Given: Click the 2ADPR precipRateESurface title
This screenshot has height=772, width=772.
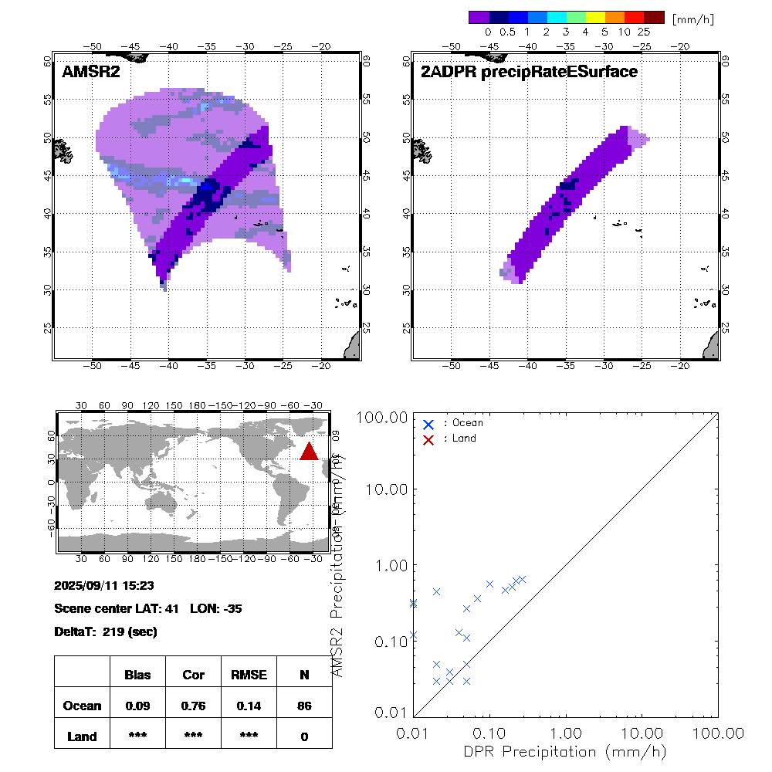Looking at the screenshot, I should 529,72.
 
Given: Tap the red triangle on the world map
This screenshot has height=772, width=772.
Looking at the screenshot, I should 309,451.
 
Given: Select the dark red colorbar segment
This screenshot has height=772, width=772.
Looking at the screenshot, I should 654,17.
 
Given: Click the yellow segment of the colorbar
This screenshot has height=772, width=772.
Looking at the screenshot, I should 594,17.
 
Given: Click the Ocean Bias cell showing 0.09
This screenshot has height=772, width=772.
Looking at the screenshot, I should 137,706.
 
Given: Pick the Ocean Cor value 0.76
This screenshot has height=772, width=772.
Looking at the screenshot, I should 193,706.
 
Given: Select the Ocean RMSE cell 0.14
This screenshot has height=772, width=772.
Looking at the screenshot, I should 249,706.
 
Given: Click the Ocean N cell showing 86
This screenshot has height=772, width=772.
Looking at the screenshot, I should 304,706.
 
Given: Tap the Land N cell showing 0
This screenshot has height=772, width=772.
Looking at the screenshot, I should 304,736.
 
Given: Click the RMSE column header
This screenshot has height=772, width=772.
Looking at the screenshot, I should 249,675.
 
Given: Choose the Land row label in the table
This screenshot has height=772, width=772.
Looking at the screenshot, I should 82,736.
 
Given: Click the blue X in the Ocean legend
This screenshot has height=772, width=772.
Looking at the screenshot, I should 428,424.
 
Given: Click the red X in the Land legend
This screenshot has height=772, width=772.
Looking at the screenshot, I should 428,438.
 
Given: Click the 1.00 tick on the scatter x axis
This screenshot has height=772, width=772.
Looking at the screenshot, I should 567,731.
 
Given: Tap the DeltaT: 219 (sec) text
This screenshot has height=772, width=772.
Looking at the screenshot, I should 106,632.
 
